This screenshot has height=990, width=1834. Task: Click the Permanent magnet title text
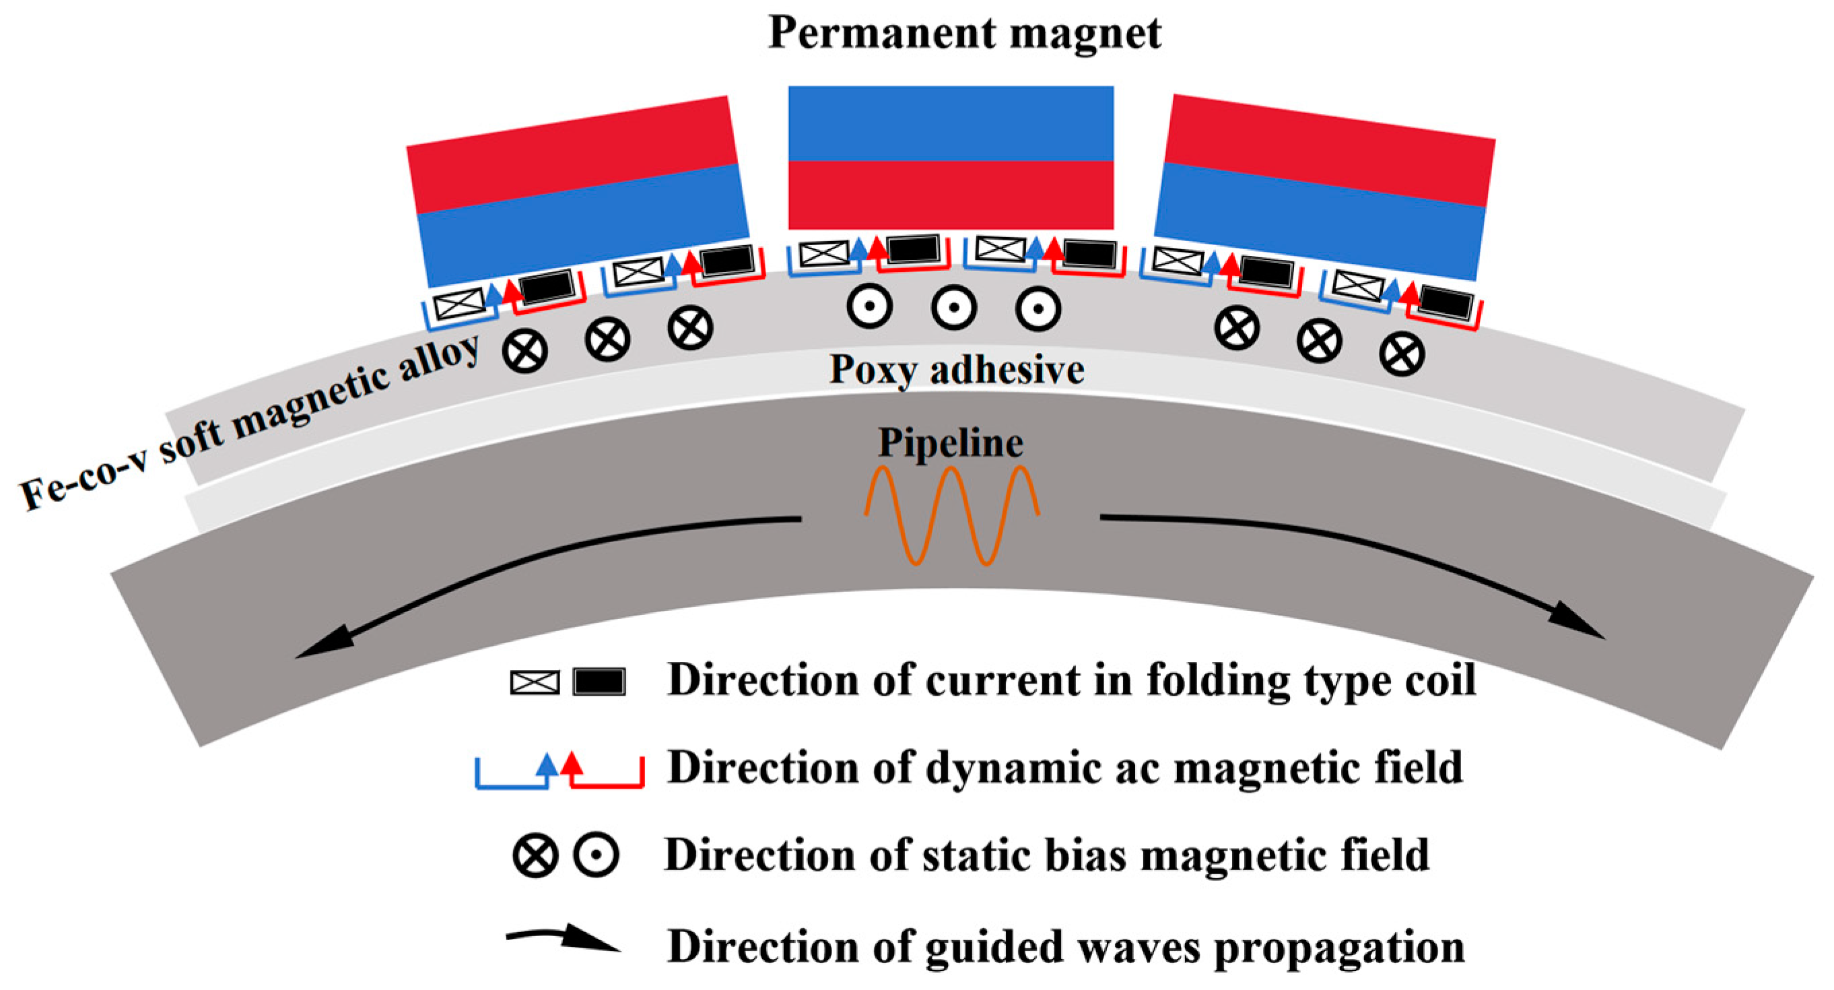click(x=964, y=33)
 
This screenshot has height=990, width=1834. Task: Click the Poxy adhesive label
click(x=956, y=370)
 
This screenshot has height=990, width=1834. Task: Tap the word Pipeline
click(x=951, y=442)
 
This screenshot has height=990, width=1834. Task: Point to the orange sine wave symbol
click(x=952, y=515)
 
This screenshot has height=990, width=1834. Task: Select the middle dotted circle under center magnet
click(x=953, y=308)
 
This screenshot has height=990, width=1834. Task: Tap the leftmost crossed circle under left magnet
click(x=524, y=351)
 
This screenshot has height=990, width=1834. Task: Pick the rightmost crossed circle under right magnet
click(x=1401, y=355)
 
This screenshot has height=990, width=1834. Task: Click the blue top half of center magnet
click(x=951, y=123)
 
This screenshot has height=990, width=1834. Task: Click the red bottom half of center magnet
click(x=951, y=195)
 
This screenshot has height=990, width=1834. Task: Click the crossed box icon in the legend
click(x=535, y=682)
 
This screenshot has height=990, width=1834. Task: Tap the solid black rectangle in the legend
click(x=599, y=682)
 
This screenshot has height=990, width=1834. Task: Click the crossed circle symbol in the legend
click(x=535, y=855)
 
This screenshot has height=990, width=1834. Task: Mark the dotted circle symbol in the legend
click(x=596, y=855)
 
